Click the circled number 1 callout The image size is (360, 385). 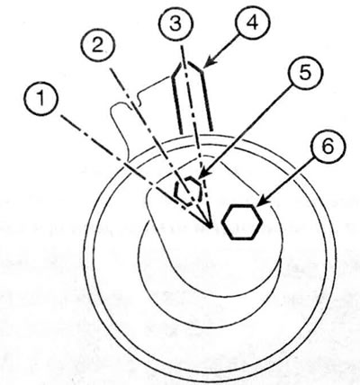[x=41, y=99]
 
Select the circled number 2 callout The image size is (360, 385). [x=98, y=47]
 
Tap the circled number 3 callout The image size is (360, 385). [x=175, y=23]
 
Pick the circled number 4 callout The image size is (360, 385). [x=253, y=22]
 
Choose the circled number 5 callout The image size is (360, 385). [x=304, y=73]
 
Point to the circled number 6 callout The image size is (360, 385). [x=328, y=147]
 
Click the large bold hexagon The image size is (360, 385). [x=242, y=222]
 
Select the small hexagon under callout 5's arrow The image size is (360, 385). [x=188, y=191]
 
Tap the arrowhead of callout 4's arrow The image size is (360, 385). [x=208, y=64]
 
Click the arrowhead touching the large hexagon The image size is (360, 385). [x=263, y=202]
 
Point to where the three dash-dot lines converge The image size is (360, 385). [x=211, y=226]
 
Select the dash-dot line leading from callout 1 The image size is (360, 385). [x=134, y=171]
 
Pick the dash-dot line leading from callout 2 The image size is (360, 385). [x=160, y=148]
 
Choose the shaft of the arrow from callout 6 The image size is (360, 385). [x=289, y=181]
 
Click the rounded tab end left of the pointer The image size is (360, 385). [x=119, y=112]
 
